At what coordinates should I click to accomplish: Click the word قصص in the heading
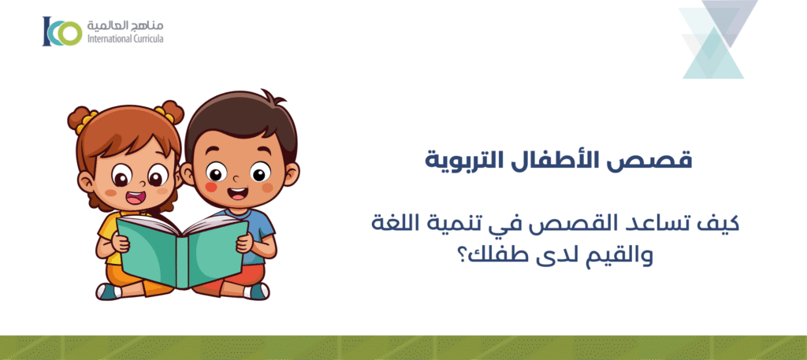coord(664,160)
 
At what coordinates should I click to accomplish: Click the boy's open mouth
coord(234,192)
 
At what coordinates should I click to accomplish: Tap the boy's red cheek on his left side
coord(211,187)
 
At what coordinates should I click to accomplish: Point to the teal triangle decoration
coord(713,55)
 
